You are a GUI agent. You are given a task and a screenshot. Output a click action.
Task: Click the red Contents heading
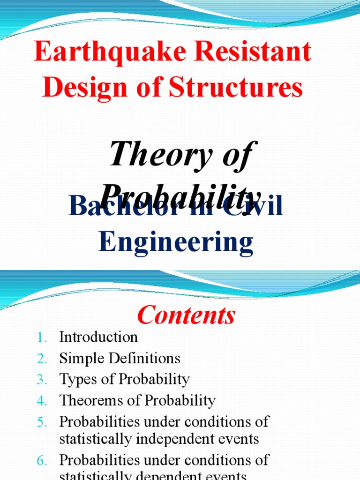(x=186, y=315)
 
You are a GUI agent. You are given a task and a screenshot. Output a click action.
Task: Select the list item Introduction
(x=98, y=337)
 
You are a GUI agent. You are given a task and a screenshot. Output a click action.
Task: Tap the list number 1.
(x=41, y=337)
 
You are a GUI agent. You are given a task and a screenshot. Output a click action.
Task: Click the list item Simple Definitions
(x=120, y=359)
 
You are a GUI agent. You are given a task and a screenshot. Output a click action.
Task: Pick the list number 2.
(x=41, y=359)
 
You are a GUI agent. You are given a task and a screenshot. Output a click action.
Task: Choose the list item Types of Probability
(x=124, y=380)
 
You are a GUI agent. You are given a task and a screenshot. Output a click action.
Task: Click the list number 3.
(x=41, y=380)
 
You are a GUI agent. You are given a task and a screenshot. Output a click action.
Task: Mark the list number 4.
(x=41, y=401)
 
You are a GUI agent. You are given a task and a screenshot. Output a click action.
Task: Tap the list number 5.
(x=41, y=422)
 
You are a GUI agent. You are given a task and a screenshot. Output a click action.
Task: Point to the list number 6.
(x=41, y=461)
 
